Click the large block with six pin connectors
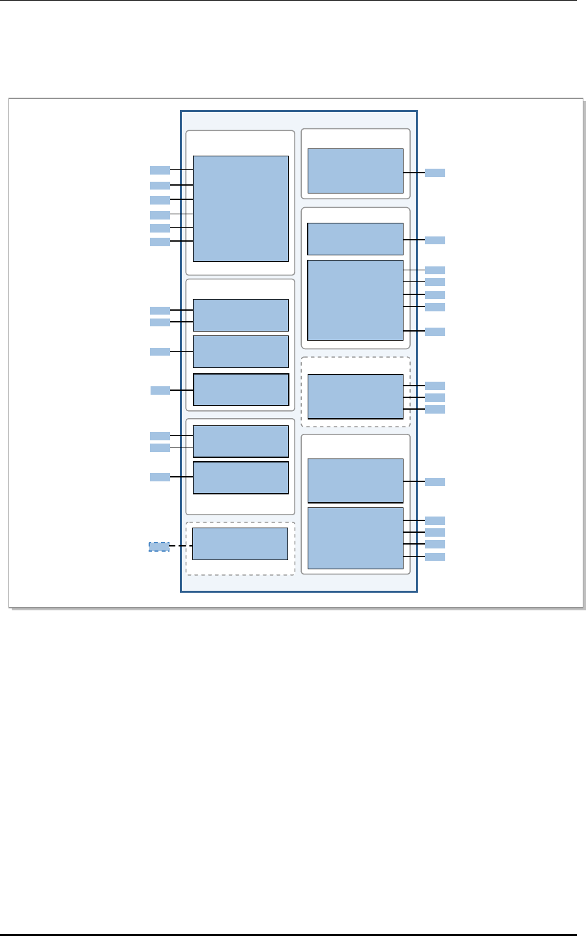(241, 208)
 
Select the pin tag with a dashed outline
(159, 546)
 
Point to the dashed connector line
(181, 546)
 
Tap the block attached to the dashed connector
(240, 544)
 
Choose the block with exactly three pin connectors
(355, 397)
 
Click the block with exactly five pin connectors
(355, 300)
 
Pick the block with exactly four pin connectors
(355, 538)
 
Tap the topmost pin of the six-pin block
(160, 170)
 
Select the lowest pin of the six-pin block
(160, 242)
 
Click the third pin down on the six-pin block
(160, 199)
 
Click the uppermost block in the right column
(355, 171)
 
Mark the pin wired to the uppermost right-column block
(435, 173)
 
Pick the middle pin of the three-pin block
(435, 397)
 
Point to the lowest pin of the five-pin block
(435, 332)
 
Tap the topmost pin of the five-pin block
(435, 270)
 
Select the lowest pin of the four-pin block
(435, 557)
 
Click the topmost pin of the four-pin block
(435, 520)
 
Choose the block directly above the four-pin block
(355, 481)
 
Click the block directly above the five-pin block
(355, 239)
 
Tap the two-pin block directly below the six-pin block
(241, 315)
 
